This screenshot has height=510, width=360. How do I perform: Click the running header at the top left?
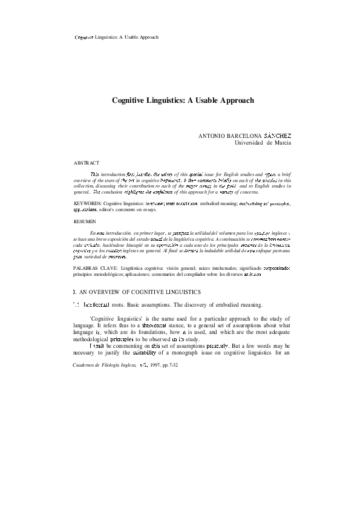click(116, 37)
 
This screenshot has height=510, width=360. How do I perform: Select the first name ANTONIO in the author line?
click(212, 135)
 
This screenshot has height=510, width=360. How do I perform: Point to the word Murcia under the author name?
click(280, 142)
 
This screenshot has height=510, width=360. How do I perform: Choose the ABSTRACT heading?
click(86, 163)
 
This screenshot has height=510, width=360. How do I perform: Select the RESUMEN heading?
click(85, 222)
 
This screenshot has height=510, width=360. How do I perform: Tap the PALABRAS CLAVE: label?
click(94, 267)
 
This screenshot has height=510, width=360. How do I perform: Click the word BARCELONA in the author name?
click(241, 135)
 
